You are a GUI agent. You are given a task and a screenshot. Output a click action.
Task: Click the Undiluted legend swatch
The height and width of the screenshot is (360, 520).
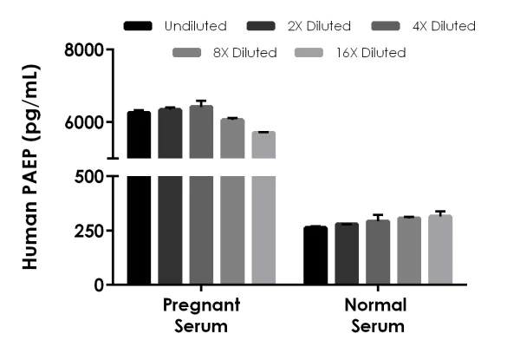pyautogui.click(x=138, y=26)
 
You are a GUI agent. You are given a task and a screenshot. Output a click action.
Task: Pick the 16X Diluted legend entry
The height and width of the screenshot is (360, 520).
pyautogui.click(x=371, y=53)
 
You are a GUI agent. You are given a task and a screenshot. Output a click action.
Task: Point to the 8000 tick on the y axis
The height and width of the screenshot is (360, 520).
pyautogui.click(x=86, y=50)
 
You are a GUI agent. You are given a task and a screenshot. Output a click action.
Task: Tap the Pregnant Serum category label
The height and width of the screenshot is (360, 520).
pyautogui.click(x=201, y=316)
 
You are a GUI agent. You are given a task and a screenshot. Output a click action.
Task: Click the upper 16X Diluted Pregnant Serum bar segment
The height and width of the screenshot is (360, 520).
pyautogui.click(x=263, y=145)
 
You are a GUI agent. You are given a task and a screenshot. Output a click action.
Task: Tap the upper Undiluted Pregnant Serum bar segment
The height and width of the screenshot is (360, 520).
pyautogui.click(x=139, y=135)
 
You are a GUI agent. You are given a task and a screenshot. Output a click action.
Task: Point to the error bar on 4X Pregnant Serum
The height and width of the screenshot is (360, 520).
pyautogui.click(x=201, y=103)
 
